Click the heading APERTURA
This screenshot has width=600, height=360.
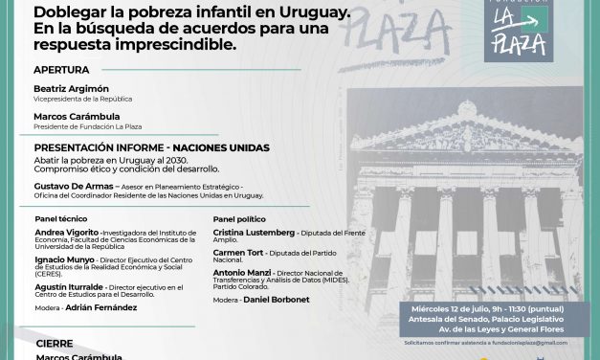[x=61, y=70]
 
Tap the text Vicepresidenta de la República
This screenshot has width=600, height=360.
[x=83, y=99]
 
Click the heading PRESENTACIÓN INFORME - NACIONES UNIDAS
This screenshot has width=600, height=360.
[x=151, y=147]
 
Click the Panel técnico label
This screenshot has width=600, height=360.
[x=60, y=218]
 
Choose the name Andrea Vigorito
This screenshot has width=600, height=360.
[x=65, y=233]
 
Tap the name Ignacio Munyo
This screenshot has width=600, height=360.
[x=63, y=259]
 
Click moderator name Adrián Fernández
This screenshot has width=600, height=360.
[x=100, y=307]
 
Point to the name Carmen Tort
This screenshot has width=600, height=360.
[x=235, y=253]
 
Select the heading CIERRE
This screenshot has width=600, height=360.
[x=54, y=342]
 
